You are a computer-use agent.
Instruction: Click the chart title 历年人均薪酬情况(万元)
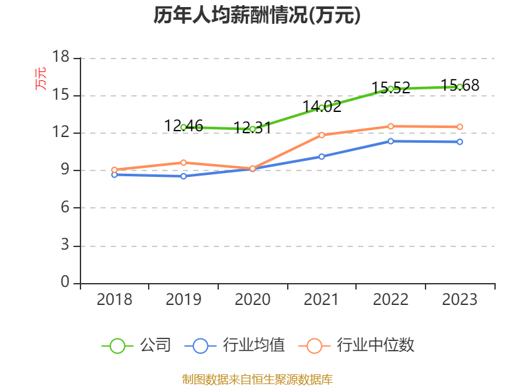click(257, 16)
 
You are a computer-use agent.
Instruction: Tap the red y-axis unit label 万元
click(41, 78)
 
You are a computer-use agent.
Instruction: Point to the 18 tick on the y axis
click(61, 58)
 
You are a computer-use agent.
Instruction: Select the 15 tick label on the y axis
click(61, 95)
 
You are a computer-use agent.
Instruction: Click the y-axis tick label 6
click(65, 208)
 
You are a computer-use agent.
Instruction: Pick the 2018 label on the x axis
click(114, 299)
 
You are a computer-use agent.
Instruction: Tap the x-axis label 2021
click(321, 299)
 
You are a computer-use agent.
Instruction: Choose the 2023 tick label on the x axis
click(460, 299)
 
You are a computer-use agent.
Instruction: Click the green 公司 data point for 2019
click(183, 127)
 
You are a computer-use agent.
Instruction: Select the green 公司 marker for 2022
click(391, 89)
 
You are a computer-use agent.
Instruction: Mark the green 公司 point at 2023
click(460, 87)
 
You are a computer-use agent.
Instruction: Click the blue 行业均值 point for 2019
click(183, 176)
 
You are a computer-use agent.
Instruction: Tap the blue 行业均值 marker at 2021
click(321, 156)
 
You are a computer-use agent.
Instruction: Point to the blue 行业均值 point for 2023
click(460, 142)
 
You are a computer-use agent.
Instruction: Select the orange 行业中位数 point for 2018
click(114, 170)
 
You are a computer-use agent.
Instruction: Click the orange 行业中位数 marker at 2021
click(321, 135)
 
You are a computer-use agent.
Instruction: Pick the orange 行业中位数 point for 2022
click(391, 126)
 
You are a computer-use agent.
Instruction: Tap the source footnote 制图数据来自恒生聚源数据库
click(257, 379)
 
